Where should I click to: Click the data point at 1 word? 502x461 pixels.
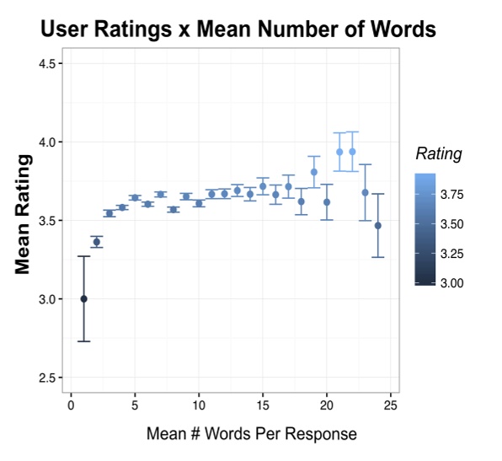click(83, 299)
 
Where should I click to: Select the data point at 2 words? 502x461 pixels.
click(97, 242)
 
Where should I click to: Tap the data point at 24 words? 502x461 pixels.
click(378, 226)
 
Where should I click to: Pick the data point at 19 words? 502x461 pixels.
click(314, 172)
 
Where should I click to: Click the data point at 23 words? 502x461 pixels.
click(366, 192)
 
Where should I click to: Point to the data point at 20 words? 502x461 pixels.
click(327, 202)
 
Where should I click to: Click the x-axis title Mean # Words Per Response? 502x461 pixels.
click(251, 435)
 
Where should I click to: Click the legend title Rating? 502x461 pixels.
click(439, 153)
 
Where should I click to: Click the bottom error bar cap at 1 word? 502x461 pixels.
click(83, 341)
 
